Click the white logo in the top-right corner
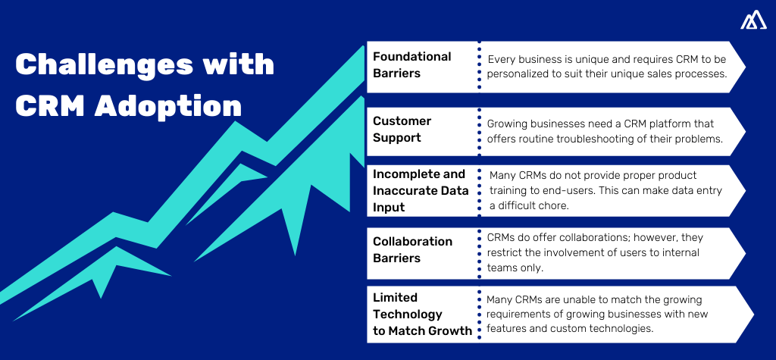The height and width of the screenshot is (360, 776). (753, 21)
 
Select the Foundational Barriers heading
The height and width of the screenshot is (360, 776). (411, 64)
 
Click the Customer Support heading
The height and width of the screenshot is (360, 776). (402, 129)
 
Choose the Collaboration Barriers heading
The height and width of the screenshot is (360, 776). (412, 249)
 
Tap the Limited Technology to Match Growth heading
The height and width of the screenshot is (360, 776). (422, 314)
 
